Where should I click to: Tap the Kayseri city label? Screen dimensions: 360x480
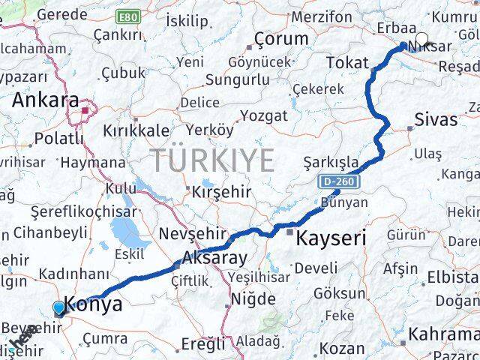coord(331,239)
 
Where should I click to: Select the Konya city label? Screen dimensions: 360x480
coord(93,304)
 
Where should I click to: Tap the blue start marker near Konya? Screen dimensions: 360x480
coord(58,307)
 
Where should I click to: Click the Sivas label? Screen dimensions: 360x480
coord(436,118)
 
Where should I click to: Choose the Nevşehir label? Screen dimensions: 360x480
coord(187,234)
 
